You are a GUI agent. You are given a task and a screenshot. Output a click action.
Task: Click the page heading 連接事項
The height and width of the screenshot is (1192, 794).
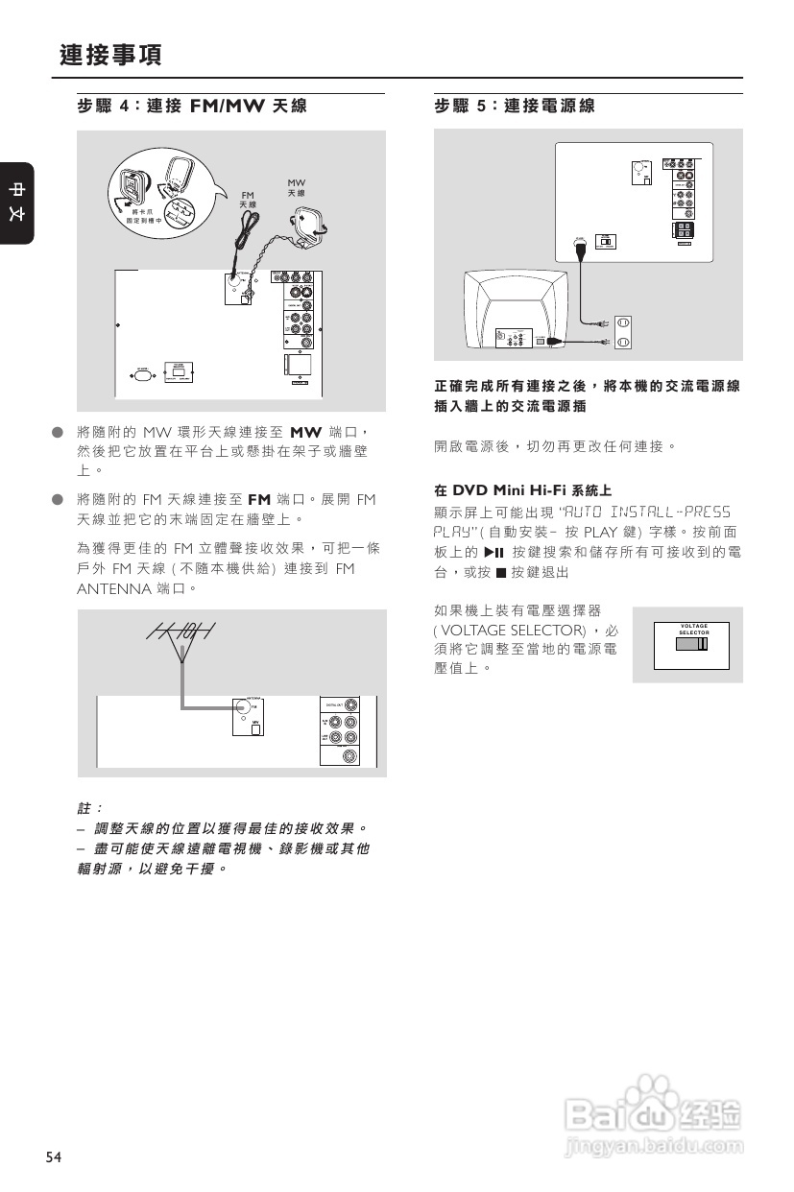110,56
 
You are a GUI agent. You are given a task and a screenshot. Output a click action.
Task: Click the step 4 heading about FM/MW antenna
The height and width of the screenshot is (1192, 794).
192,107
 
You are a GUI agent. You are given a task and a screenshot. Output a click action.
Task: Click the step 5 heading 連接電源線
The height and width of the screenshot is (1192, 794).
515,107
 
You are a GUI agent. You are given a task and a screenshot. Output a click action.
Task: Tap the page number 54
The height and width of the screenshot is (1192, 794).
53,1157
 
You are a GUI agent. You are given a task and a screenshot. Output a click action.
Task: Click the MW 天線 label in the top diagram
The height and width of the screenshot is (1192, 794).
297,188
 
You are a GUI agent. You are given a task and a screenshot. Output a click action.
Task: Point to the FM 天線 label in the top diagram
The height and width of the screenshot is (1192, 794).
248,200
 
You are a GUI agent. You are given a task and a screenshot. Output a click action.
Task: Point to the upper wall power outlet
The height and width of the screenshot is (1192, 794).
621,324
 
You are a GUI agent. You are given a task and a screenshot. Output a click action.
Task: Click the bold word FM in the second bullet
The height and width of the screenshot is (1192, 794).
259,500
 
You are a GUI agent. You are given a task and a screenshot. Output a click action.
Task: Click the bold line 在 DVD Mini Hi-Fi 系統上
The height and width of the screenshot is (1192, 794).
523,489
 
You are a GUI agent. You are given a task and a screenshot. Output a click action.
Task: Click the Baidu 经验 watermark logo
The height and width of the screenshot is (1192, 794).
653,1118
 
